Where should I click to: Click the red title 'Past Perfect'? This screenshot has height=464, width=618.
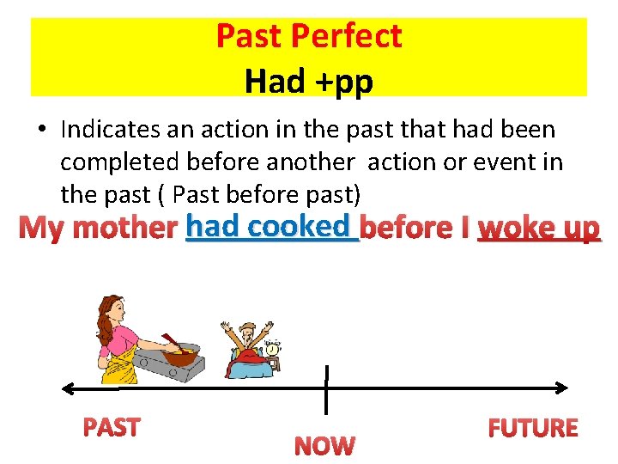(308, 36)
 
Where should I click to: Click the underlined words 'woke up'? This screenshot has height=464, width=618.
(538, 229)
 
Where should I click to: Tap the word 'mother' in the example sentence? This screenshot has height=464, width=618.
(124, 229)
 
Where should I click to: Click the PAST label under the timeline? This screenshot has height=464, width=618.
(111, 426)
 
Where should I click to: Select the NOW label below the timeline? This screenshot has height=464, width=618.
(324, 445)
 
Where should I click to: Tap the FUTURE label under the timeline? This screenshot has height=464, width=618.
(532, 428)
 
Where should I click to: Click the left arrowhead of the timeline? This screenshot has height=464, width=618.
(67, 388)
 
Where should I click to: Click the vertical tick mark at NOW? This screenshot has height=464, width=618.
(326, 388)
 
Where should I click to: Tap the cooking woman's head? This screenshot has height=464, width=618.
(112, 308)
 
